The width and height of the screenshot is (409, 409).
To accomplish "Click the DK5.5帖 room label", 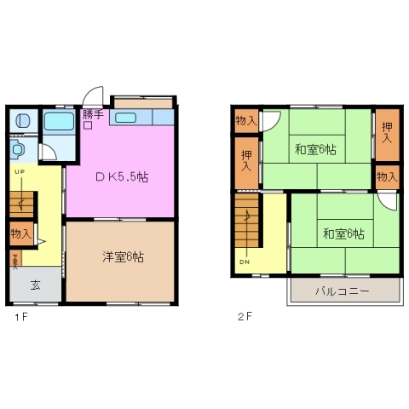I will pos(121,177).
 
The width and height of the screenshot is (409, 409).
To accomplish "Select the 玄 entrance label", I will pos(35,285).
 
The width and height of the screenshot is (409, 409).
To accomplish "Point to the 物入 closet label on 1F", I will pos(21,233).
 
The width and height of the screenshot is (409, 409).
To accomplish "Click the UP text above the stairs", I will pos(19,171).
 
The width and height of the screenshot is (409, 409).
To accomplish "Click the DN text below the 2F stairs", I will pos(245,262).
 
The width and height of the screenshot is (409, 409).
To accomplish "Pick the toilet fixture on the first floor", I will pos(19,151).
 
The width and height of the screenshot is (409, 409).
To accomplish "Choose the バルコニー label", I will pos(341,291).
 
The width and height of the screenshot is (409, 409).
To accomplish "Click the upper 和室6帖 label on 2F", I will pos(314,150).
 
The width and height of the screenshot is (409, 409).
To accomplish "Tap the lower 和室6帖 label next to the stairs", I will pos(343,233).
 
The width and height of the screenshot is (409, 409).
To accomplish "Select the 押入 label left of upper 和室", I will pos(246,160).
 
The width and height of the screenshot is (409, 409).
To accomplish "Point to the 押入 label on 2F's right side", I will pos(387,131).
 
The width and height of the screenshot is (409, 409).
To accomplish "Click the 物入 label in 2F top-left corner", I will pos(245,120).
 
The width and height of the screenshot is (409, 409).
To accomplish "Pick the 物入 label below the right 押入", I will pos(387,176).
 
